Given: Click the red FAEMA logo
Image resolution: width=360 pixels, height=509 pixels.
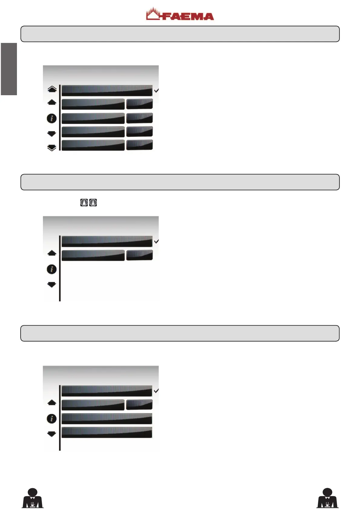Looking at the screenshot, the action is pos(180,15).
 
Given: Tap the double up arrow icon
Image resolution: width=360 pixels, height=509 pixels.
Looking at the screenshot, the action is pos(52,89).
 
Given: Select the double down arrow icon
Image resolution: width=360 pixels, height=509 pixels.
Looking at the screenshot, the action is pos(52,148).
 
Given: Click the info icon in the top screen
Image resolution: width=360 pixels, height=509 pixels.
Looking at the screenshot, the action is pos(52,118).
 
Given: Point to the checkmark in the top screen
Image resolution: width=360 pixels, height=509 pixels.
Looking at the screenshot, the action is pos(156,90).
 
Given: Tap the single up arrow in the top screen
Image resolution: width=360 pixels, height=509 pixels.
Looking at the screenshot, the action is pos(52,102).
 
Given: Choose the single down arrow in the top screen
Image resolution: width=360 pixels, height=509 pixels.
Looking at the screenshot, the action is pos(52,134).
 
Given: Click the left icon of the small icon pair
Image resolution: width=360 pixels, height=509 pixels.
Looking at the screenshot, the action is pos(84,203).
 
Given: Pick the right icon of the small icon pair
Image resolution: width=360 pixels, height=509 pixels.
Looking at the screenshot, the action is pos(93,203).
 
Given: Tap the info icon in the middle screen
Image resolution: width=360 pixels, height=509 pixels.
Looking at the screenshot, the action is pos(52,269).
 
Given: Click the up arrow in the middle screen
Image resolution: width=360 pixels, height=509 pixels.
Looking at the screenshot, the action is pos(52,253).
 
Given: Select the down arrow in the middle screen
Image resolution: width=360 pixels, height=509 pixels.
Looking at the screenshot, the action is pos(52,284).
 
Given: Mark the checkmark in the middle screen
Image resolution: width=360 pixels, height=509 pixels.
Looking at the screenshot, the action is pos(156,242).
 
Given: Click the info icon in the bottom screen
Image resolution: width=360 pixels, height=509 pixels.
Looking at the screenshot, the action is pos(52,419).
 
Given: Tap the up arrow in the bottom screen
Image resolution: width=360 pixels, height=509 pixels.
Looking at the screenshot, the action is pos(52,403).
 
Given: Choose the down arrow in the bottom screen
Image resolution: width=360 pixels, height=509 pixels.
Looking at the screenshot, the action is pos(52,434).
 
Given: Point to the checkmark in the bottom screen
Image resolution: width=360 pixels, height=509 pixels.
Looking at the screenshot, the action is pos(156,391).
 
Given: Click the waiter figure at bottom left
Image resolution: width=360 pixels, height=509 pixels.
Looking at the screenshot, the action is pos(33,498).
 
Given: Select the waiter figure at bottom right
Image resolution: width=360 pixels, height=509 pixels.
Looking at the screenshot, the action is pos(327,498).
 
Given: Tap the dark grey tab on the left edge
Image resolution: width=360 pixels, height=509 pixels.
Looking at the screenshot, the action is pos(9,69).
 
